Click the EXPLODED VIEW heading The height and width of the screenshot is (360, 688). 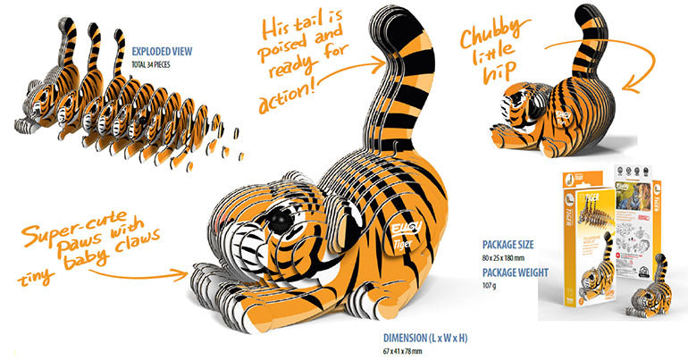click(164, 51)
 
